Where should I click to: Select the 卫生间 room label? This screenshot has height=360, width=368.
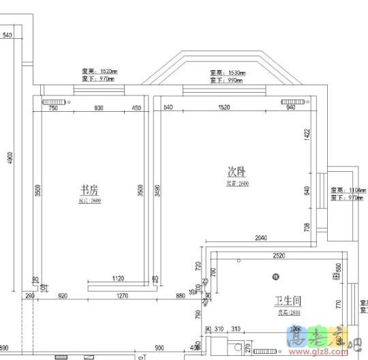[288, 301]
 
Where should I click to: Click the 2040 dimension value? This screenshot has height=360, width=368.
[260, 238]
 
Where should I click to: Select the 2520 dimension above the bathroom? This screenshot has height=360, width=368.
[279, 256]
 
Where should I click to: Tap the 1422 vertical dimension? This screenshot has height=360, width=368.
[307, 136]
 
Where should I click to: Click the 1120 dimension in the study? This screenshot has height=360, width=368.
[117, 278]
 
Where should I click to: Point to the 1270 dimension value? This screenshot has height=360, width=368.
[123, 296]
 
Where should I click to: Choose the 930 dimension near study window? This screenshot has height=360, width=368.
[98, 108]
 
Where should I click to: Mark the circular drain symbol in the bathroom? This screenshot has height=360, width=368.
[276, 276]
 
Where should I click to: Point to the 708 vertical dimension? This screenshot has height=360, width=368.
[307, 226]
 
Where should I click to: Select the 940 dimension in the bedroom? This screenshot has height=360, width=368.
[291, 108]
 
